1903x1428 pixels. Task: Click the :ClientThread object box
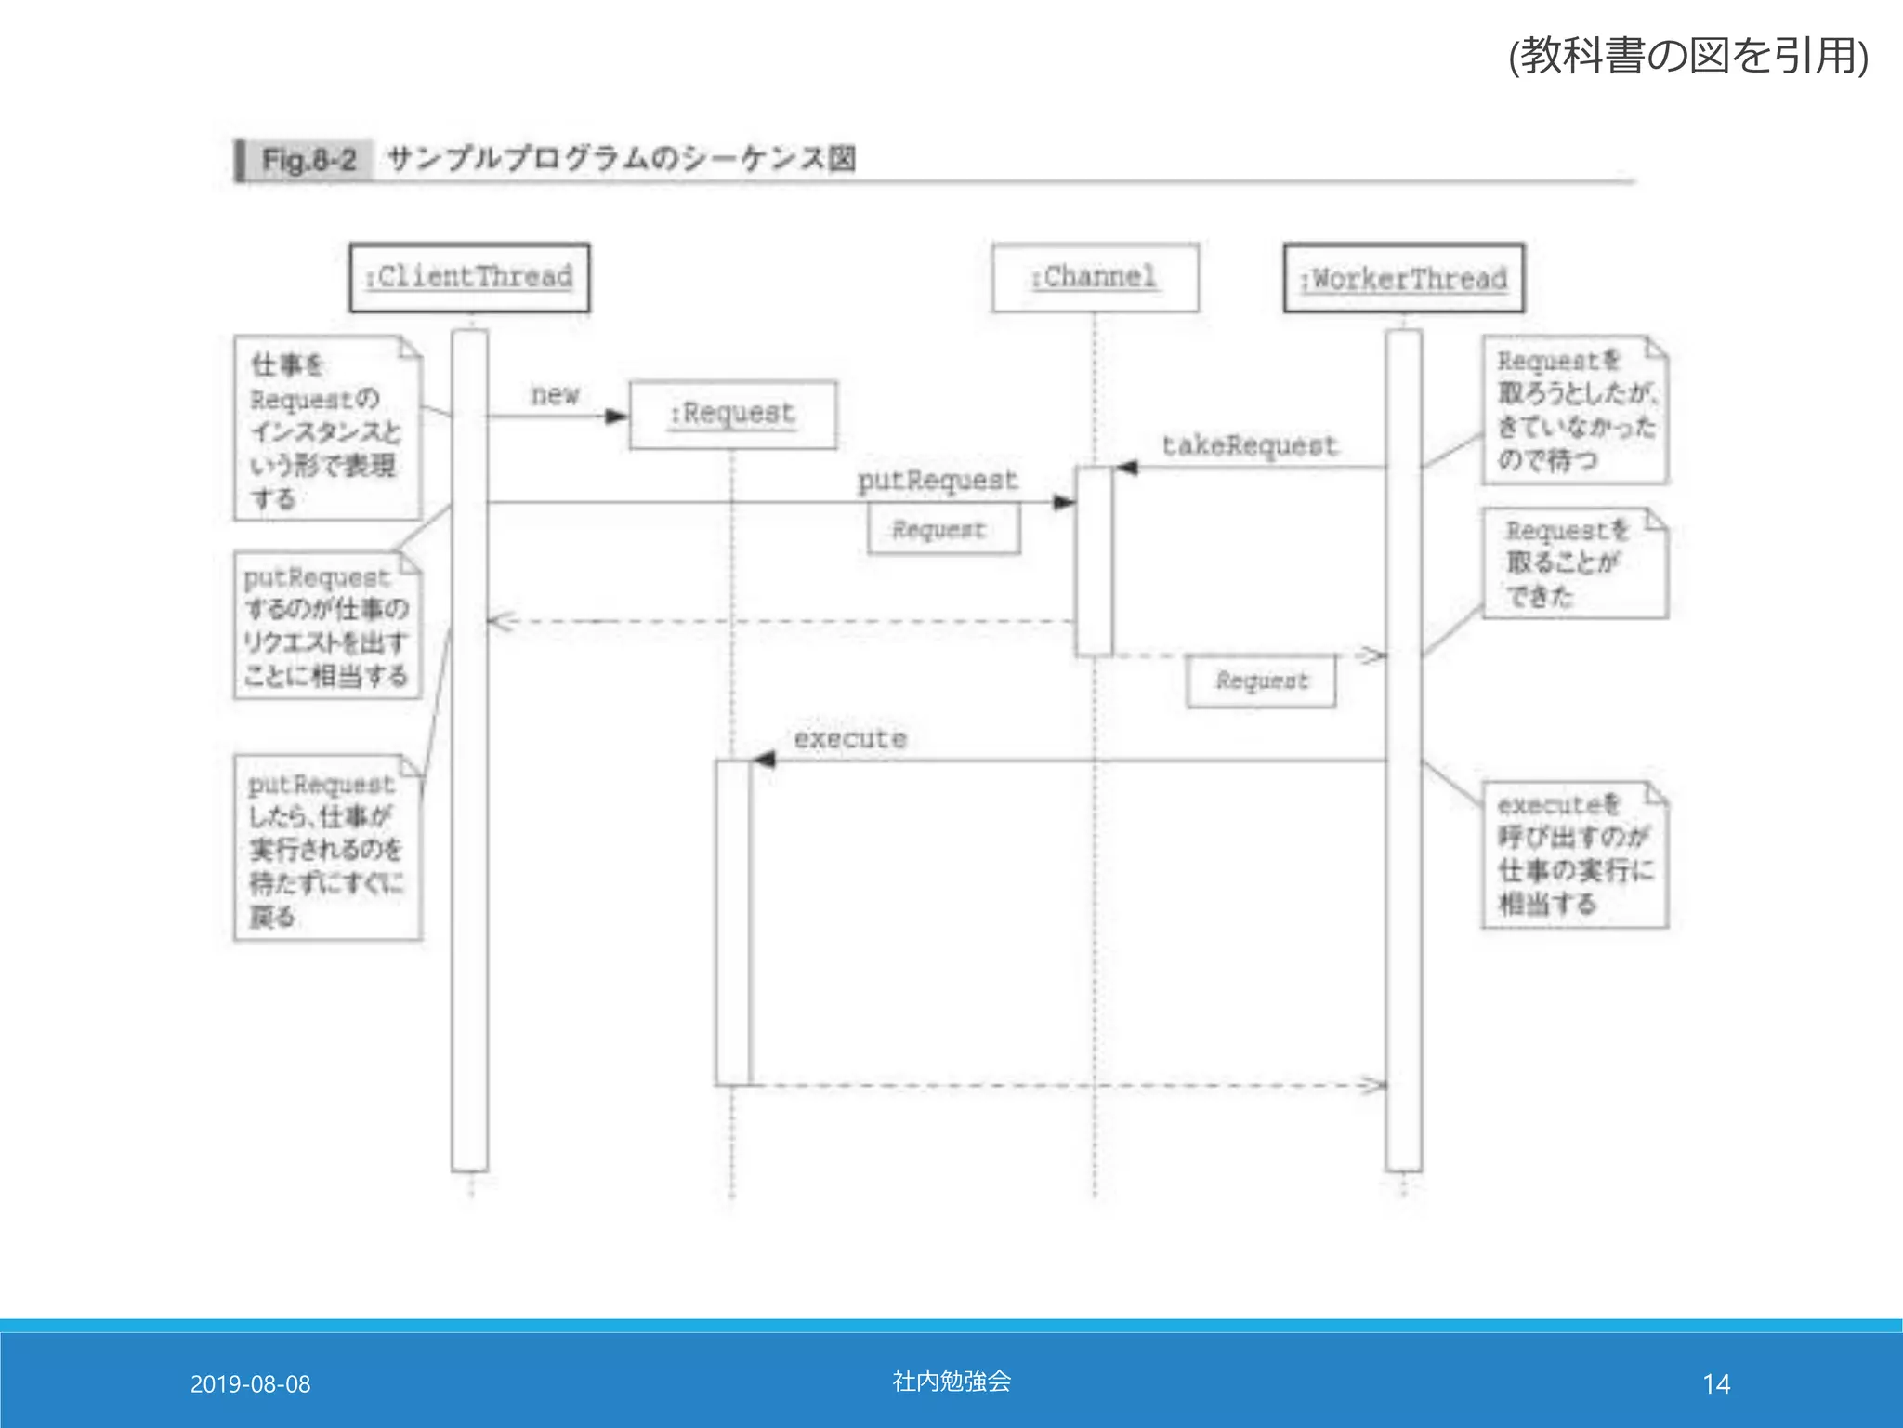click(x=469, y=277)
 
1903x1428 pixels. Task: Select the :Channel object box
click(x=1095, y=277)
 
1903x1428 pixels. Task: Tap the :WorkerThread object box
click(x=1403, y=278)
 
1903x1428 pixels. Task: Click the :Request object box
click(x=732, y=415)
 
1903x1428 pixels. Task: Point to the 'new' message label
click(x=555, y=394)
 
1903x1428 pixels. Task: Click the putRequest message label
click(x=937, y=480)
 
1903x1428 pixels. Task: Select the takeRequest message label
click(x=1249, y=445)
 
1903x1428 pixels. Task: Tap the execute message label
click(x=849, y=739)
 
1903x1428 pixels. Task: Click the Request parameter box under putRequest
click(x=943, y=530)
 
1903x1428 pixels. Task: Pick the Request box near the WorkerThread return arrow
click(x=1261, y=681)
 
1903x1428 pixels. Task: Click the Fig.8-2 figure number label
click(x=308, y=160)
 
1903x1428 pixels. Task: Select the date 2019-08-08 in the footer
click(x=250, y=1384)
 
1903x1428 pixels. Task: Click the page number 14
click(x=1715, y=1384)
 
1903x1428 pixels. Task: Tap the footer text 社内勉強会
click(x=951, y=1382)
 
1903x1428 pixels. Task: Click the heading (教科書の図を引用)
click(x=1687, y=56)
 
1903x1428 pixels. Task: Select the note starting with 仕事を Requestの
click(x=326, y=430)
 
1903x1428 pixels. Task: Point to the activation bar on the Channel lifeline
click(x=1094, y=562)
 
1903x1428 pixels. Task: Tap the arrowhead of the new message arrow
click(x=616, y=416)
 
